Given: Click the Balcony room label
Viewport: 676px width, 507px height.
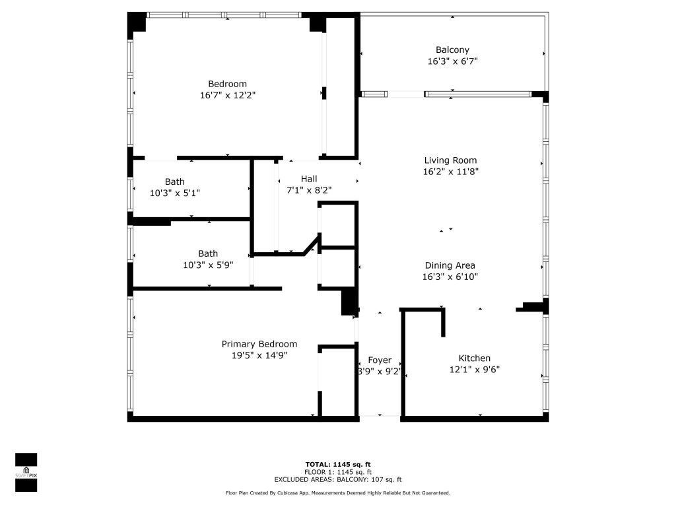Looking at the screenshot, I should click(x=452, y=50).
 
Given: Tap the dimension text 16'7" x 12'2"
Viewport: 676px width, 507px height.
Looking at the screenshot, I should click(x=228, y=95).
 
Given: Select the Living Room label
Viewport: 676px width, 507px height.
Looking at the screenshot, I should click(x=450, y=160).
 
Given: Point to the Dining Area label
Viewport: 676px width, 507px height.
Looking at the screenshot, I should click(x=450, y=265).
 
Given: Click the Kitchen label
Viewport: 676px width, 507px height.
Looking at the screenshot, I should click(x=474, y=358).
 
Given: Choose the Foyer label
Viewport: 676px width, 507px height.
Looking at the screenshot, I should click(x=380, y=360).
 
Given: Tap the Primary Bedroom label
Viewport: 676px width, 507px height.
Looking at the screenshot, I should click(x=259, y=344).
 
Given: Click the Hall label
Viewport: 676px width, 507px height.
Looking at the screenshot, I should click(x=309, y=178).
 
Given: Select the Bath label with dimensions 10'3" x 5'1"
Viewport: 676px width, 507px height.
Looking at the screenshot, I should click(x=175, y=182).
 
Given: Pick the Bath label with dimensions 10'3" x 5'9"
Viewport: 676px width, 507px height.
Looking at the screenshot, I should click(x=208, y=253).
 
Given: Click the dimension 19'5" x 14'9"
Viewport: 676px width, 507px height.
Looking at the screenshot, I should click(x=259, y=355).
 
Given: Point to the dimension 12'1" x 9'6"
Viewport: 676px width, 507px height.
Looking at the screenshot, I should click(x=474, y=370).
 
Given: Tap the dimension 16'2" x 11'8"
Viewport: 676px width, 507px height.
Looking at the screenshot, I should click(x=450, y=172).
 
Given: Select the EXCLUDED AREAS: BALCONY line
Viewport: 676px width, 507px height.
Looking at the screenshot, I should click(x=338, y=480).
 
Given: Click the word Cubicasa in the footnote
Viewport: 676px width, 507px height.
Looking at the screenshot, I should click(x=299, y=493).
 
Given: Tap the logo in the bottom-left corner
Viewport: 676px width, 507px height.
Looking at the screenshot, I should click(x=26, y=473).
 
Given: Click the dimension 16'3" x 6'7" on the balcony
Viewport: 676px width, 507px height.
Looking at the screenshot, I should click(x=452, y=61).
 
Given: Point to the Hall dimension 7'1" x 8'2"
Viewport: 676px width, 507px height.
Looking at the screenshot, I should click(x=309, y=190).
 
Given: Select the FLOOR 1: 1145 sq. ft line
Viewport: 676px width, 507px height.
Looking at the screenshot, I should click(x=338, y=472).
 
